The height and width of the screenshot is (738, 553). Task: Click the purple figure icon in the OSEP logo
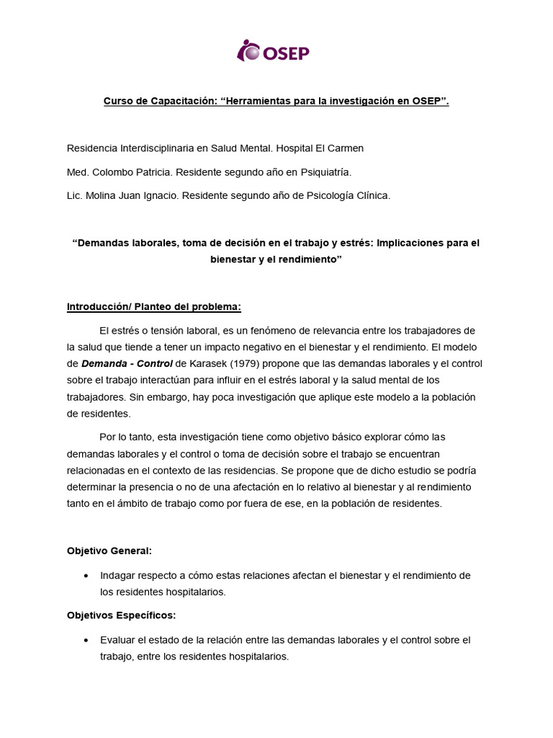[x=248, y=50]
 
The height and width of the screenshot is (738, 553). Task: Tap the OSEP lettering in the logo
[x=285, y=53]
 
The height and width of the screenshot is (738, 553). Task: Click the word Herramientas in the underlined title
[x=259, y=102]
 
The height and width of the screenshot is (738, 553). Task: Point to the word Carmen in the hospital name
[x=346, y=148]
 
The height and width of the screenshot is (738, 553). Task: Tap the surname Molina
[x=103, y=195]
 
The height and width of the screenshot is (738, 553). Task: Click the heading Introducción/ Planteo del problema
[x=153, y=306]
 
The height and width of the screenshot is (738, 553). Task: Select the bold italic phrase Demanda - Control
[x=127, y=363]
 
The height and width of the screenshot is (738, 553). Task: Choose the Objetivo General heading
[x=109, y=551]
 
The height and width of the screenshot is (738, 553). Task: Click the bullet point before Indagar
[x=86, y=576]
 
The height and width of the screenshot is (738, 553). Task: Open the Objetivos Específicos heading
[x=121, y=615]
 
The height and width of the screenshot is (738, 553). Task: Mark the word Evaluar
[x=120, y=640]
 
